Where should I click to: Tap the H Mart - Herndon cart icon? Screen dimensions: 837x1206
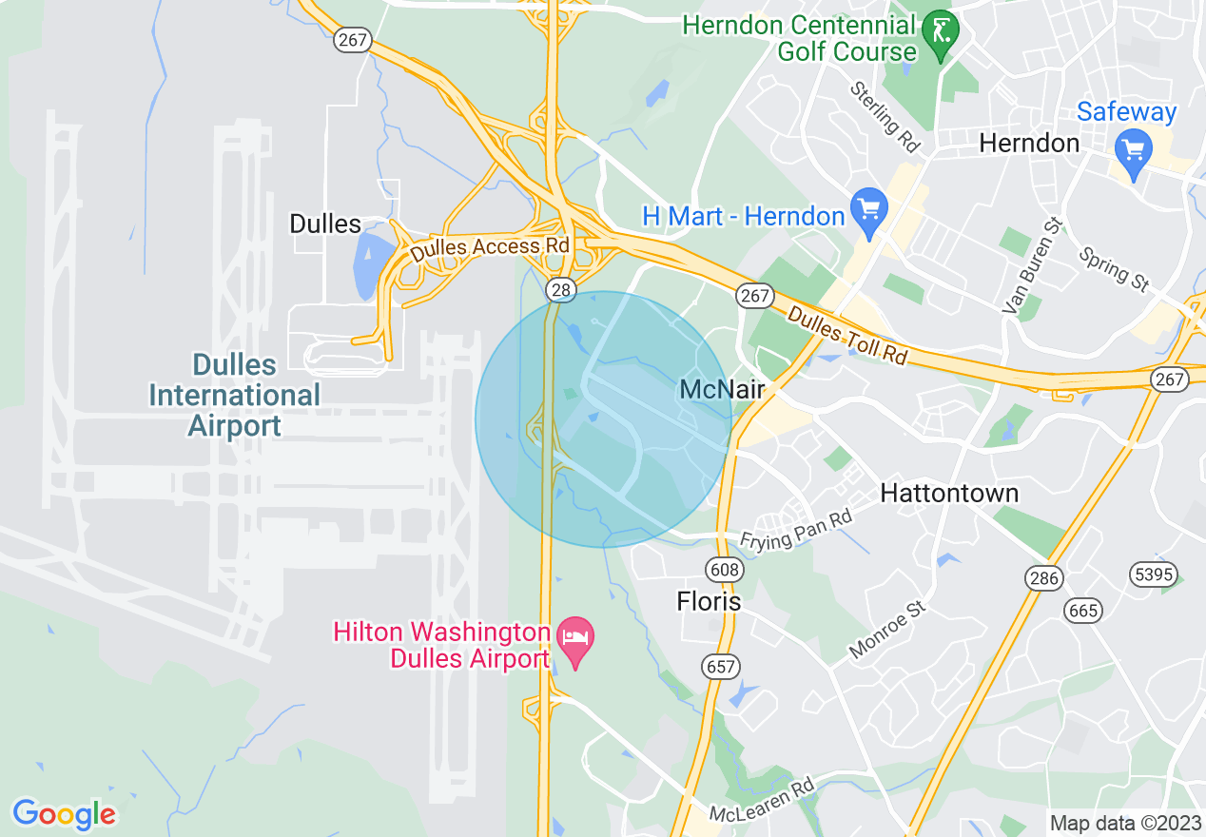tap(868, 209)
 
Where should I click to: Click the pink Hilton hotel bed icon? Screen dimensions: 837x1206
tap(574, 636)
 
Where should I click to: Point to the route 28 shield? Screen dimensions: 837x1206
tap(558, 287)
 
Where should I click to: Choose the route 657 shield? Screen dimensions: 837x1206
tap(721, 666)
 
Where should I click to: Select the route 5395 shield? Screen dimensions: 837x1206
tap(1154, 574)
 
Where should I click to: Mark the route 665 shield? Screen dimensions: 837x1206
tap(1083, 609)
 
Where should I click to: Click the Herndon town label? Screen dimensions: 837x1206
tap(1030, 144)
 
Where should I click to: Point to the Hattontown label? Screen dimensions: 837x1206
tap(949, 493)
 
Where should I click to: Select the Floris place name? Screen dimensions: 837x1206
tap(709, 601)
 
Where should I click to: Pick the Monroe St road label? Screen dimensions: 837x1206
tap(887, 628)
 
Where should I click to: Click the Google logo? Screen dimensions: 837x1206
tap(64, 813)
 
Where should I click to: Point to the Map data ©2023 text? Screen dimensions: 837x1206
tap(1125, 822)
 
